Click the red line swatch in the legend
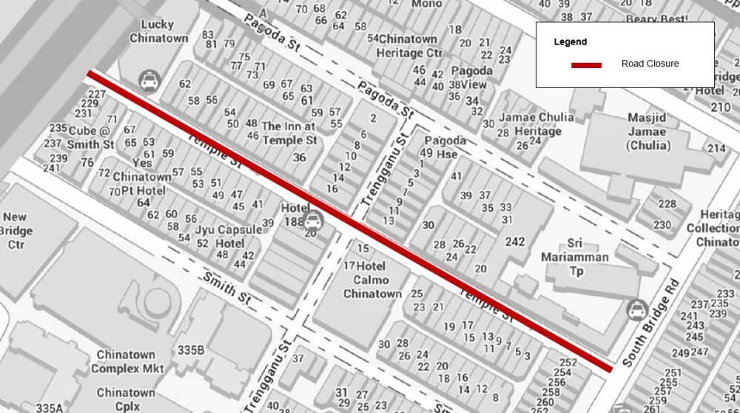coord(586,65)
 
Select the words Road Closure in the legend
coord(650,64)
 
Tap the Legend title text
coord(570,42)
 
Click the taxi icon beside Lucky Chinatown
coord(149,79)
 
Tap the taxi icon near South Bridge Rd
coord(635,310)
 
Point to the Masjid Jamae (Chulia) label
coord(647,132)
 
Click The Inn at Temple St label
coord(289,132)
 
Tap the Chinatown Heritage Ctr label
coord(409,46)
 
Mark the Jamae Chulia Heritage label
coord(536,124)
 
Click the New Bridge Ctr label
coord(16,230)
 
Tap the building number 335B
coord(190,349)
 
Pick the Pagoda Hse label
coord(445,147)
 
